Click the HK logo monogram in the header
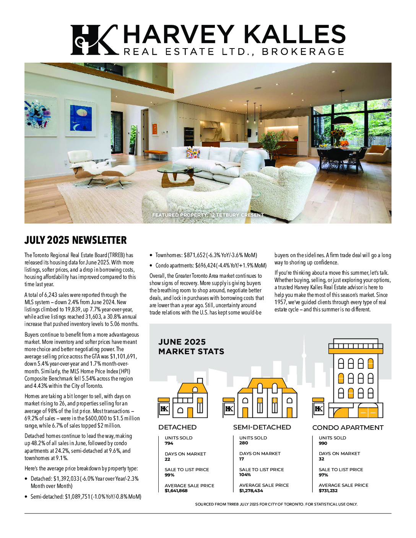(94, 40)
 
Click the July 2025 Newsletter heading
(75, 240)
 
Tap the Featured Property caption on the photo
(208, 215)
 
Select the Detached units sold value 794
(169, 443)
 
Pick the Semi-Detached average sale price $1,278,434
(251, 491)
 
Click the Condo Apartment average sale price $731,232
(328, 491)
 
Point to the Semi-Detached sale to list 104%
(245, 475)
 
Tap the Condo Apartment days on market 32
(321, 459)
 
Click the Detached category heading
(177, 427)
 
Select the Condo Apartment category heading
(348, 428)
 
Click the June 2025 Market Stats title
(191, 347)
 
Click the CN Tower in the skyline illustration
(304, 355)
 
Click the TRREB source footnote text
(276, 504)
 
